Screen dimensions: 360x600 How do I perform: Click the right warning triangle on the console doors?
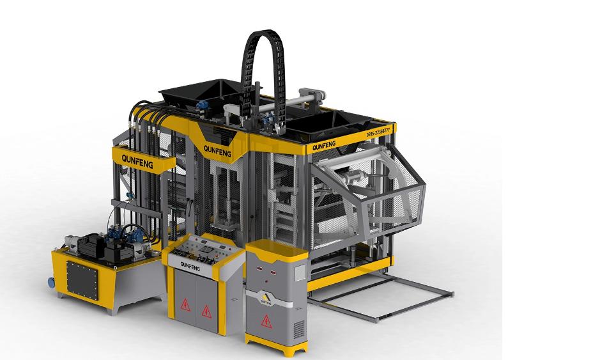click(206, 310)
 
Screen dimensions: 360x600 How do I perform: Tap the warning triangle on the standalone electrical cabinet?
click(267, 319)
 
